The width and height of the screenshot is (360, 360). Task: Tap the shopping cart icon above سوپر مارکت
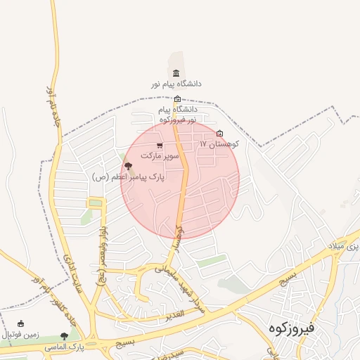coord(160,146)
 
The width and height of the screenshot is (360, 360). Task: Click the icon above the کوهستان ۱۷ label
coord(219,134)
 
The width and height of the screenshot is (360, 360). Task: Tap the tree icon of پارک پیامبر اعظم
coord(127,166)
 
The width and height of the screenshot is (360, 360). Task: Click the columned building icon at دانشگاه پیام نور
coord(176,73)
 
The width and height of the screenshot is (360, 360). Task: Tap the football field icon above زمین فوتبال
coord(20,324)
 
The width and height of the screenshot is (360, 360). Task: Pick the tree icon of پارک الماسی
coord(65,336)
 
